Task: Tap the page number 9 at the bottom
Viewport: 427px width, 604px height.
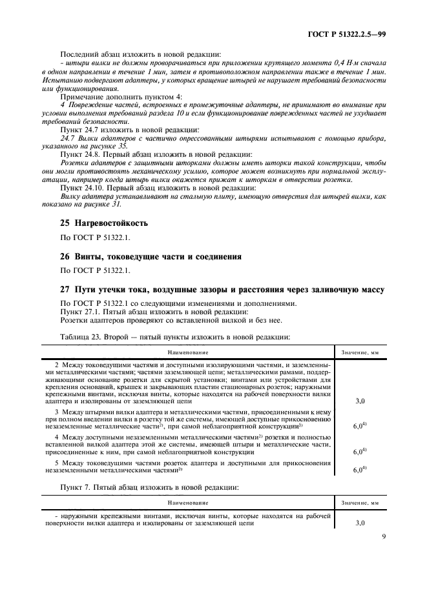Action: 382,552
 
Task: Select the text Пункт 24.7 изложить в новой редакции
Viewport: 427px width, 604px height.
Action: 120,130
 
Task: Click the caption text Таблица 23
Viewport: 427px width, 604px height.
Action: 78,336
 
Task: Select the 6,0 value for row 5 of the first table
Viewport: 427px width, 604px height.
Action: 360,470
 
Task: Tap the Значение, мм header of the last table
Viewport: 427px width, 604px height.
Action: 360,501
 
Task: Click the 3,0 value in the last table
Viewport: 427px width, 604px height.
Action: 360,523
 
